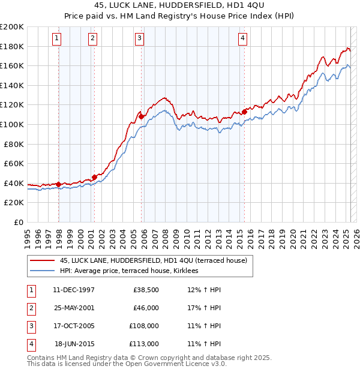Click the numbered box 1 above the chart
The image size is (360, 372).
(56, 38)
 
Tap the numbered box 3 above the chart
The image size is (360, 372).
(139, 38)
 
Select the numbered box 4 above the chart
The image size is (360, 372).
(242, 38)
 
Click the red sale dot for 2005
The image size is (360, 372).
(141, 116)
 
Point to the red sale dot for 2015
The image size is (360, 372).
(245, 112)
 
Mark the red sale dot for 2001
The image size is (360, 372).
(94, 177)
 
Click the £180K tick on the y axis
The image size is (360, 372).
(12, 46)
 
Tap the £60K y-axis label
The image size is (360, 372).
(14, 163)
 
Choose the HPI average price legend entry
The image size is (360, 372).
(133, 271)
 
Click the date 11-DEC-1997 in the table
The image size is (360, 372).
(74, 290)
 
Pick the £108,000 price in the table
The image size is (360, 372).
(144, 326)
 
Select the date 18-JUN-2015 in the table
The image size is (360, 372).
(74, 344)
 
